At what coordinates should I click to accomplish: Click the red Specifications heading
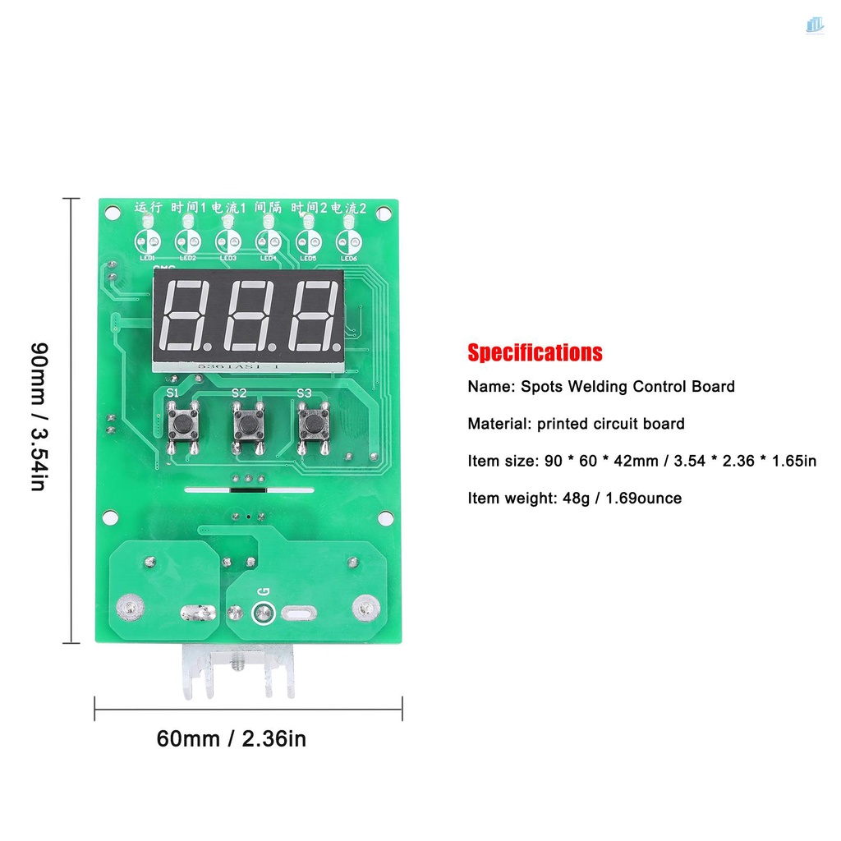point(535,353)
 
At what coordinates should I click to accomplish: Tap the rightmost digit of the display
point(312,315)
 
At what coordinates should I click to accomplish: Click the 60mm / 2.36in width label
point(232,739)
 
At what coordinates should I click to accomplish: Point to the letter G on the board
point(264,591)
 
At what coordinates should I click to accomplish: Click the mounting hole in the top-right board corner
point(384,214)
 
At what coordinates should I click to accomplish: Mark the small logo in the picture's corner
point(814,26)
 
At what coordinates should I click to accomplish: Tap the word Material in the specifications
point(498,424)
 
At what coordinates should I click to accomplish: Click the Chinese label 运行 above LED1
point(149,209)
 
